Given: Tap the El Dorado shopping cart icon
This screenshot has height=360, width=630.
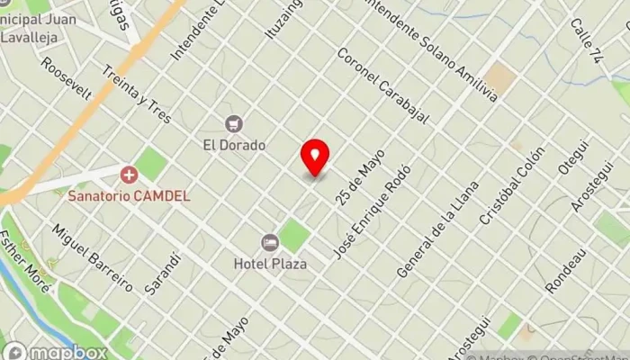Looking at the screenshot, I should coord(235,123).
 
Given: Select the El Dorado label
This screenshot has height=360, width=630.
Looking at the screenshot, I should coord(234,144).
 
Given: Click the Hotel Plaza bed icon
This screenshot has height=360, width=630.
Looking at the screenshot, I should coord(269,242).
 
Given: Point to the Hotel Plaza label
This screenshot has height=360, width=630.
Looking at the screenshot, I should coord(270,264).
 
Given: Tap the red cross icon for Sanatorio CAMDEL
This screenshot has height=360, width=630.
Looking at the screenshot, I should coord(129,173).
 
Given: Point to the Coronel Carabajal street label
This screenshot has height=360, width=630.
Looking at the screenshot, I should coord(381,86).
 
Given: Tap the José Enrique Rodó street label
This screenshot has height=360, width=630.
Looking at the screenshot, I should coord(371,212).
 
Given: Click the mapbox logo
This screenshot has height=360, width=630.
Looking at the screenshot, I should coord(56,352).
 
